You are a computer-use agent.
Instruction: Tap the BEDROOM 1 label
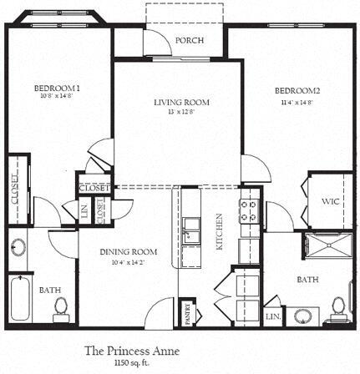(57, 88)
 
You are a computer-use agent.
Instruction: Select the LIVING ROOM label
(181, 103)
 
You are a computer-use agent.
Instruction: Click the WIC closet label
(329, 200)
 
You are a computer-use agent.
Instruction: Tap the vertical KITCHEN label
(220, 231)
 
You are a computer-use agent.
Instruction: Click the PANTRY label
(189, 315)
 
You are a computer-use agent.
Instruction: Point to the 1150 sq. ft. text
(132, 364)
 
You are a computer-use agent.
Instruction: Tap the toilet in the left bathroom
(59, 310)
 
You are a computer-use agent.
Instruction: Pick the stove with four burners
(249, 211)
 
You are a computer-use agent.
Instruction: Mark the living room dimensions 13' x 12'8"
(181, 113)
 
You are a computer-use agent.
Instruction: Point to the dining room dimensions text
(129, 263)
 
